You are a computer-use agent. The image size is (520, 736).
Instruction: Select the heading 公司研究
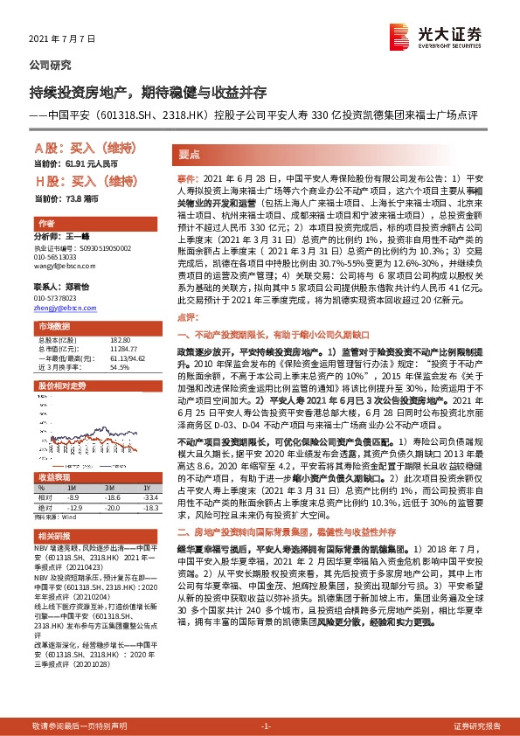point(51,66)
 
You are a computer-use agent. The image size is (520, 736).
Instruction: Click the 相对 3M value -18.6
point(109,496)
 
